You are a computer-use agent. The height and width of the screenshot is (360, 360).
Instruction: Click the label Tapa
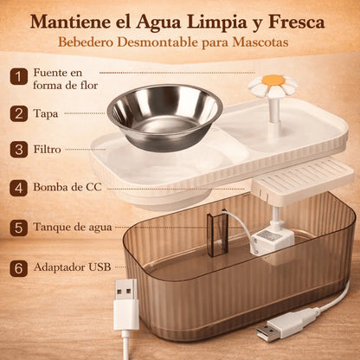tap(47, 112)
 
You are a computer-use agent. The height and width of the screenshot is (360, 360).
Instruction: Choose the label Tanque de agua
tap(73, 228)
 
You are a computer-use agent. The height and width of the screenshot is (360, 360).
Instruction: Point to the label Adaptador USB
tap(70, 268)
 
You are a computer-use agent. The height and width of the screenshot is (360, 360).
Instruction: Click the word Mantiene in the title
tap(73, 22)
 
